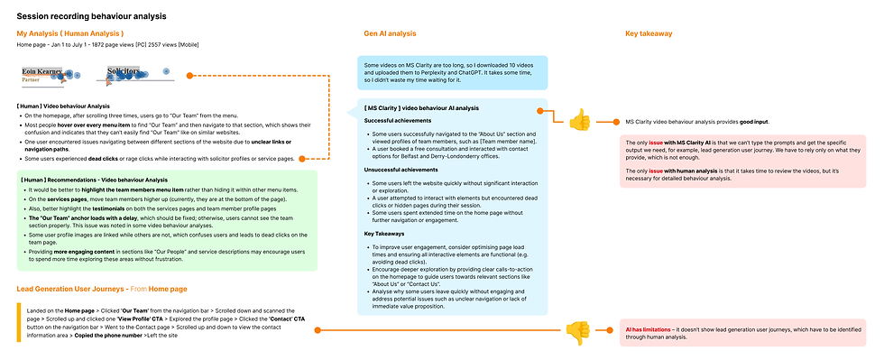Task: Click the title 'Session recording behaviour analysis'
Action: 91,16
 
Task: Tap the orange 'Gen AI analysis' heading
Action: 390,34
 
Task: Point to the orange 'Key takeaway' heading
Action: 649,34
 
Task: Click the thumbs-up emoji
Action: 579,119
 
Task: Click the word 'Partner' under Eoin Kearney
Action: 32,79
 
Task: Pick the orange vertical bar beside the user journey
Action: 18,322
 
